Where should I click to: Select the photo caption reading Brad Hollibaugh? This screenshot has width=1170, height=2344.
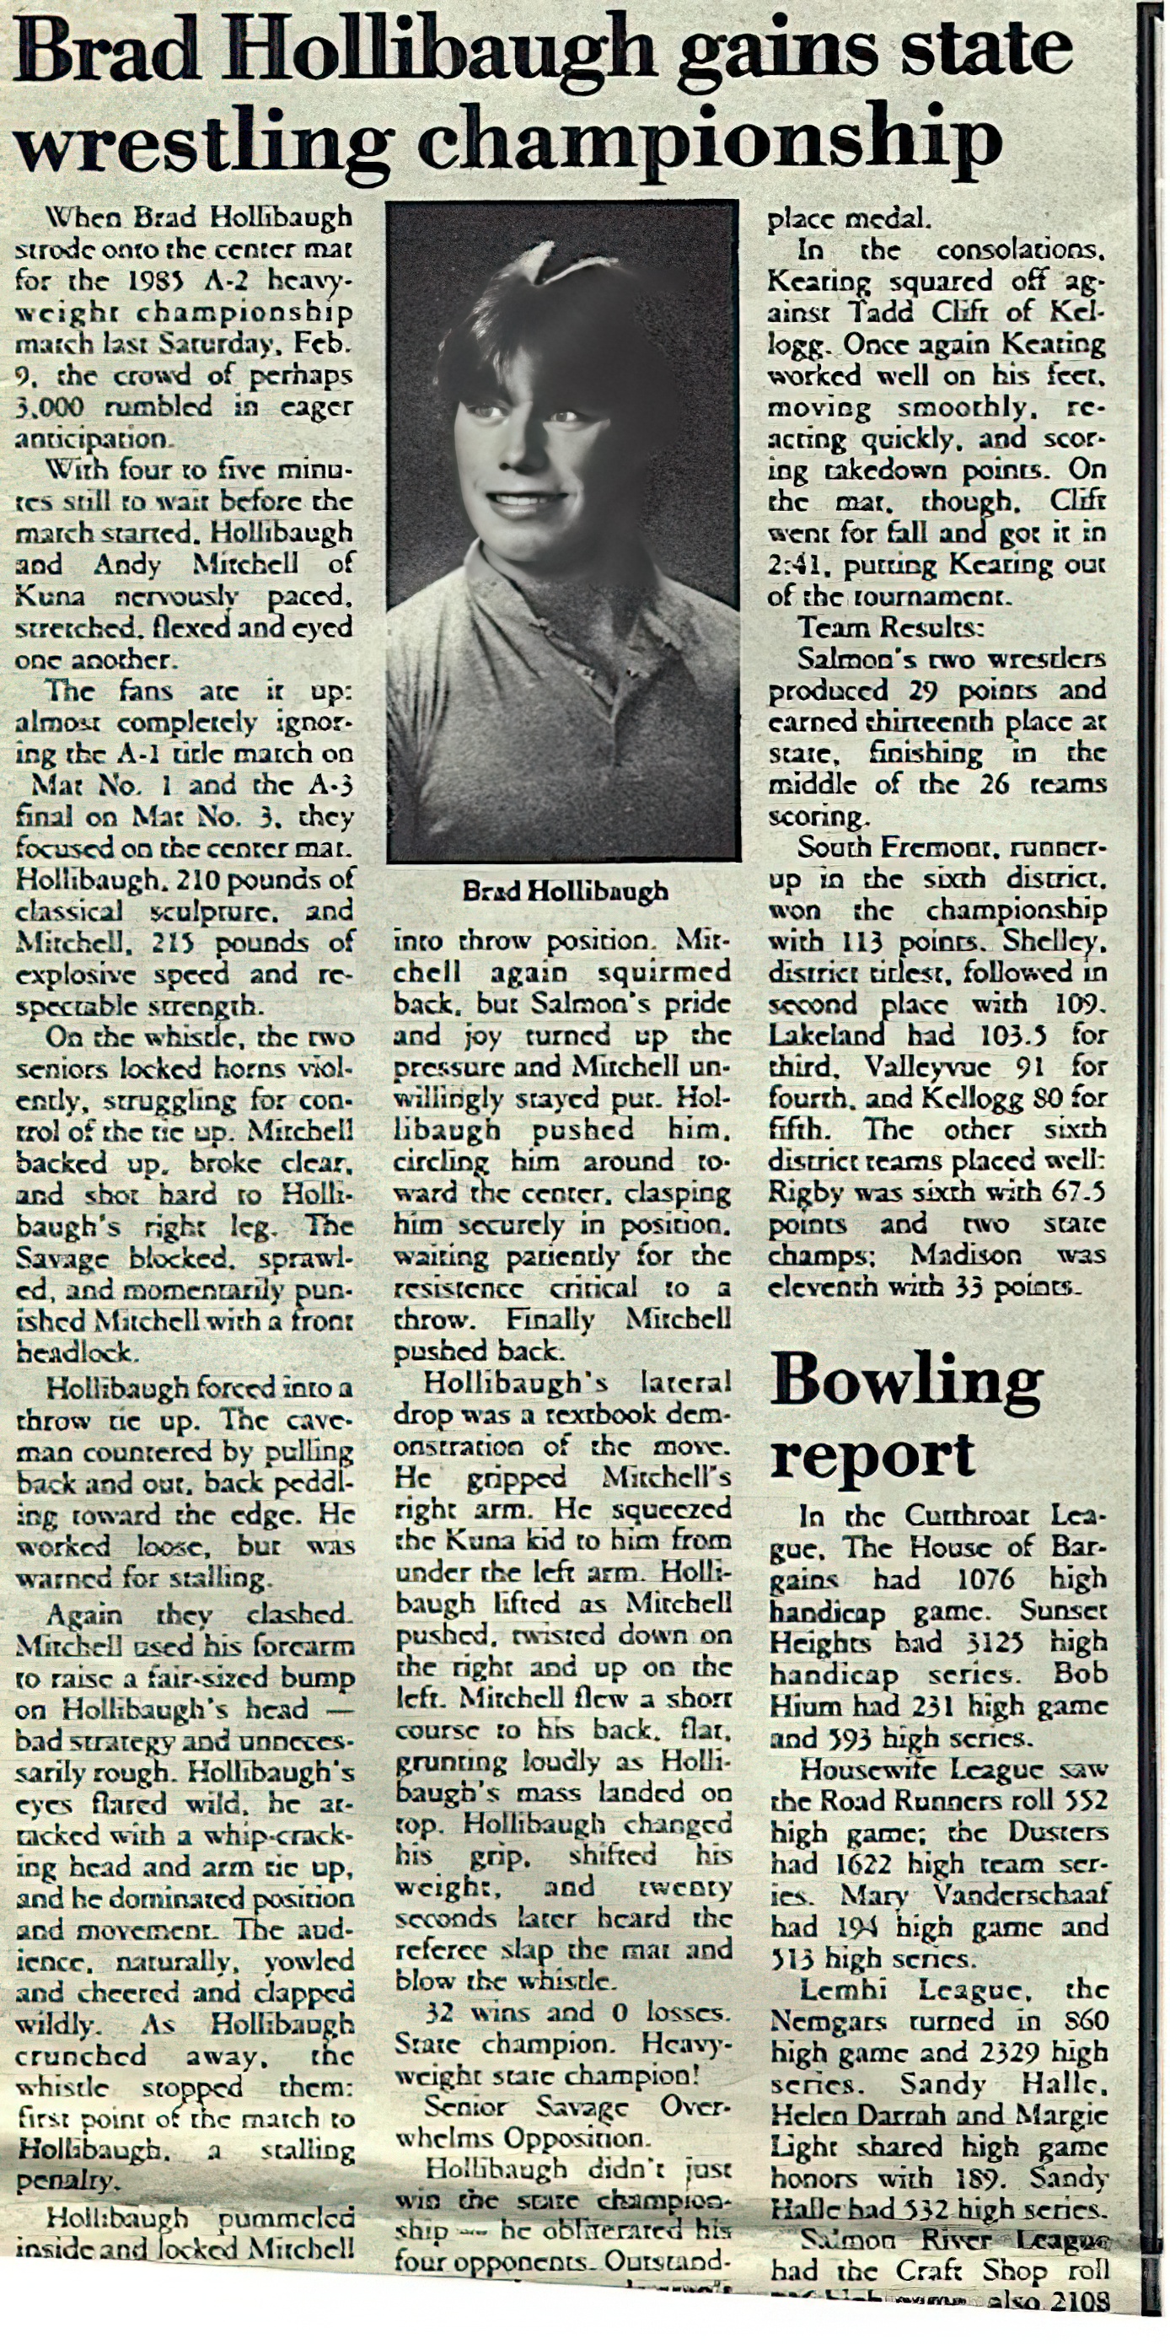click(565, 891)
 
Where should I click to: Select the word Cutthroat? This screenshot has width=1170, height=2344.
click(968, 1516)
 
